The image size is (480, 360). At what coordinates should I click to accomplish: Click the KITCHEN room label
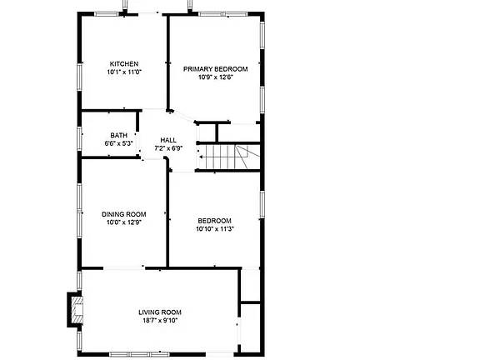click(x=124, y=64)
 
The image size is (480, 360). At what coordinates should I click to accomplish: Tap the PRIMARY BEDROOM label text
click(x=216, y=69)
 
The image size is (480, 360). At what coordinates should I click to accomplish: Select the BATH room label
click(x=119, y=135)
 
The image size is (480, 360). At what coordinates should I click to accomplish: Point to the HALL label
click(x=168, y=140)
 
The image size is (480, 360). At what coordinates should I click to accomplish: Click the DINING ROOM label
click(x=123, y=214)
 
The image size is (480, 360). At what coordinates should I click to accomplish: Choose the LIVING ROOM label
click(x=160, y=312)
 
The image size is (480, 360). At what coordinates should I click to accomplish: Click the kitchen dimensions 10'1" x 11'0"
click(x=124, y=72)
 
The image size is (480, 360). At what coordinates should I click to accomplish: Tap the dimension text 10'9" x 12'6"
click(x=216, y=77)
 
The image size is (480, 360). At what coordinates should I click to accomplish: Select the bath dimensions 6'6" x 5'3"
click(x=119, y=143)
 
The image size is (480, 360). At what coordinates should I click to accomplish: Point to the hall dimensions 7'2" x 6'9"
click(x=168, y=148)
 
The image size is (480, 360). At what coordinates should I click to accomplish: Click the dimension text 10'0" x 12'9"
click(x=123, y=222)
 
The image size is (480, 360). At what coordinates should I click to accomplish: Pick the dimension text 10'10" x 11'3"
click(x=215, y=229)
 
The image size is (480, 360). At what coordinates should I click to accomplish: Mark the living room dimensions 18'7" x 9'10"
click(x=160, y=321)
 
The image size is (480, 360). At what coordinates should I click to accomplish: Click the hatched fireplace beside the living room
click(x=77, y=309)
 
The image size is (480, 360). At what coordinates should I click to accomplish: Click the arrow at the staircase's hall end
click(x=202, y=157)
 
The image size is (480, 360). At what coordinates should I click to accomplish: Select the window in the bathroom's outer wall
click(x=79, y=138)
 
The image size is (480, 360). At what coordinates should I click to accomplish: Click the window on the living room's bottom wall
click(x=139, y=354)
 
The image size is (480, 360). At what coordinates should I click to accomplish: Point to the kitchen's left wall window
click(x=79, y=77)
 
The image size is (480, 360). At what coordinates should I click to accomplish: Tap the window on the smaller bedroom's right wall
click(x=262, y=204)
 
